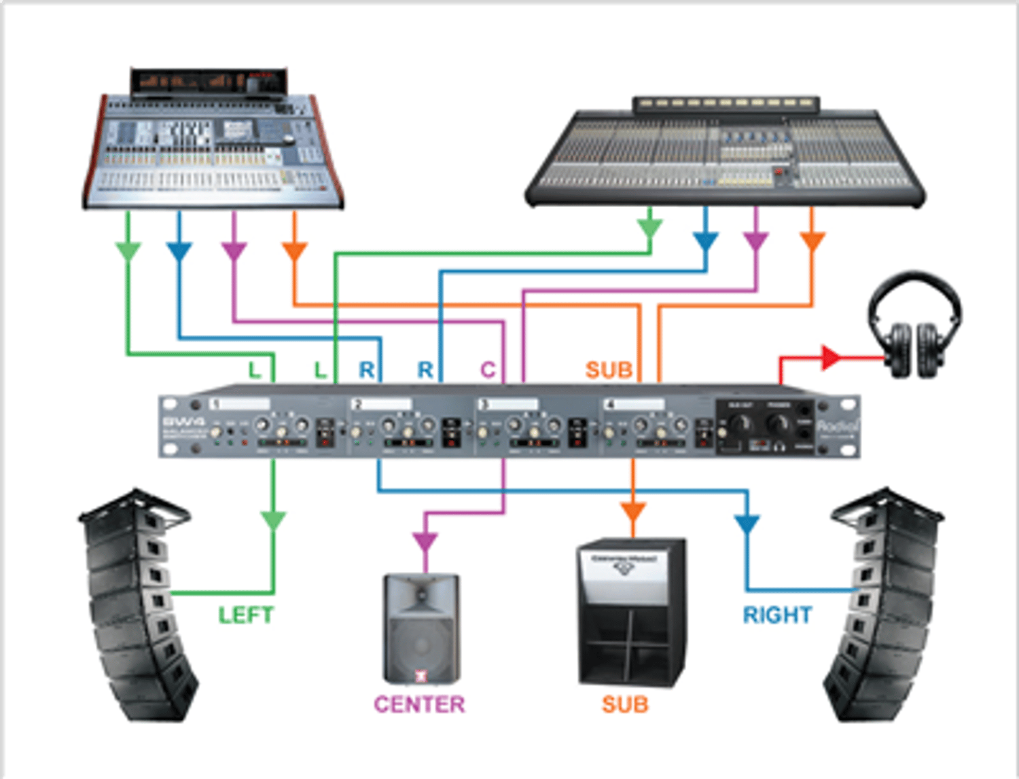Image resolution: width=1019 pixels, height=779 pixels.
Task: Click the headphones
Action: pos(914,325)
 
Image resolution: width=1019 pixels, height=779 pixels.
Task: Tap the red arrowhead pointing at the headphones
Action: pos(829,357)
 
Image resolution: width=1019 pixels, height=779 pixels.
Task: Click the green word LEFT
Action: pos(246,615)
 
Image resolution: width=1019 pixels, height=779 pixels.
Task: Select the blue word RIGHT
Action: pos(777,615)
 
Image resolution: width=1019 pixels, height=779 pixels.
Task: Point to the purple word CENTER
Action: pos(419,704)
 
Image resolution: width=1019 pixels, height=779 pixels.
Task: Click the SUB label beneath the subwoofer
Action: pos(625,704)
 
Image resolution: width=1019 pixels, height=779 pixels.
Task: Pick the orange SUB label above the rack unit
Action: pos(609,370)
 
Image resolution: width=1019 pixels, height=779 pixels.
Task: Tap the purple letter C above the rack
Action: pos(488,370)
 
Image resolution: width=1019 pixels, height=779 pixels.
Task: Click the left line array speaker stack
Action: pos(139,604)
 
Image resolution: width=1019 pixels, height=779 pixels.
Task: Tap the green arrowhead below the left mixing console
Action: pos(128,251)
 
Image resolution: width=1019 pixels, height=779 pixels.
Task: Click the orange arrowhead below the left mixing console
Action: pos(294,251)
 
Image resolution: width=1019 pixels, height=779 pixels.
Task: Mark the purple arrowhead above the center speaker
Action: pos(425,542)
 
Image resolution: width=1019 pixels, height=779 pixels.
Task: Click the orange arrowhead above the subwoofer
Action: pos(633,511)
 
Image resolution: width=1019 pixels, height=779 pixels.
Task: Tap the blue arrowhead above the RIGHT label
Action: pos(747,524)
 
